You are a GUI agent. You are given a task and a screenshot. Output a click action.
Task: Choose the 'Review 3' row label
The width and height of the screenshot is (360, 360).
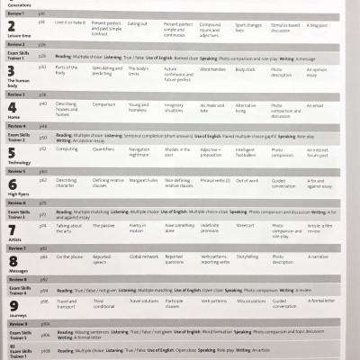(16, 94)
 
